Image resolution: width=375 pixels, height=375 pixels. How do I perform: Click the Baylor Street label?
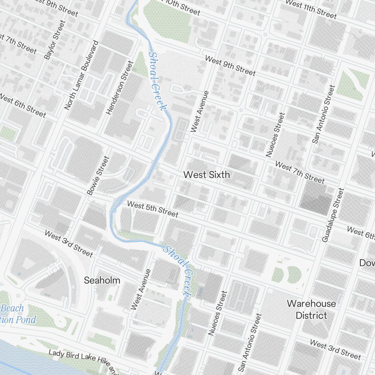(x=54, y=40)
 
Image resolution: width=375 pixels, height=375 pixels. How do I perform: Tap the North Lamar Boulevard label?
(x=81, y=75)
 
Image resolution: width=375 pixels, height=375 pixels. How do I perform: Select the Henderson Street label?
(x=120, y=88)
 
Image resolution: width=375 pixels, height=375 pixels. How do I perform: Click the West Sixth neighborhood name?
(x=207, y=175)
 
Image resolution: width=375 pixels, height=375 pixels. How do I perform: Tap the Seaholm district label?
(x=102, y=280)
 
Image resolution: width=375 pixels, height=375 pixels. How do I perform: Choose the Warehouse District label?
(x=311, y=309)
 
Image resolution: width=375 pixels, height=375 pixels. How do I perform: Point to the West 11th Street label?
(x=311, y=8)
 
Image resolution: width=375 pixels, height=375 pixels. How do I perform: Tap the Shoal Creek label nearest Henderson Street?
(x=157, y=81)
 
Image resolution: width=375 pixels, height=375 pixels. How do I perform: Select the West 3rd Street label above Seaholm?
(x=69, y=244)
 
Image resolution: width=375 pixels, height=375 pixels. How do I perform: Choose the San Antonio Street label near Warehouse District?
(x=249, y=342)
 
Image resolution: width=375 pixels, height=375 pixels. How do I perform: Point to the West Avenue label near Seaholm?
(x=141, y=289)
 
